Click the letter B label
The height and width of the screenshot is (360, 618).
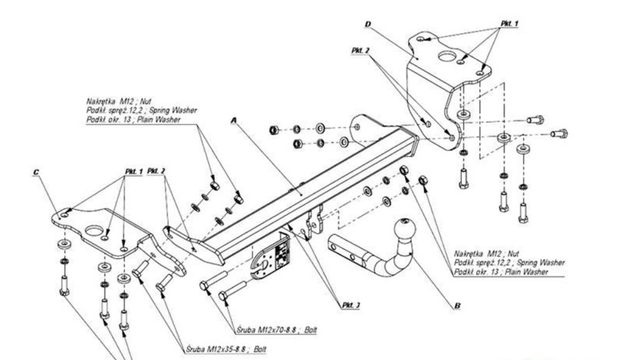(457, 305)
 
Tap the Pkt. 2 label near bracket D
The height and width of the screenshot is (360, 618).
(361, 51)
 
